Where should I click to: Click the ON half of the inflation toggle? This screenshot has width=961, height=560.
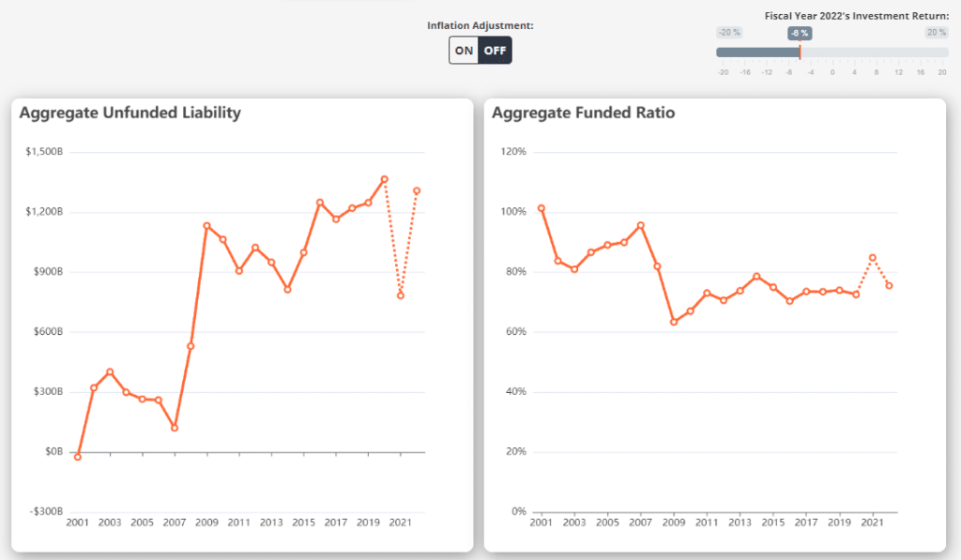coord(464,50)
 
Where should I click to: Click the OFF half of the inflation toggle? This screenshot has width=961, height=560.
coord(495,50)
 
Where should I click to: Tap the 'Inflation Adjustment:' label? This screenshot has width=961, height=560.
coord(480,25)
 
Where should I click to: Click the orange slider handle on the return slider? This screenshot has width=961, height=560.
coord(800,53)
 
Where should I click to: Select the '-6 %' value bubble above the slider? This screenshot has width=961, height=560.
coord(800,33)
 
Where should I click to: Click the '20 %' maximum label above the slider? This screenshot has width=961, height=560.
coord(936,33)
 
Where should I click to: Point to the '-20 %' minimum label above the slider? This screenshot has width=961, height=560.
coord(729,33)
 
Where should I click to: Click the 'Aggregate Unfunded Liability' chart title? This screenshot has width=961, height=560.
coord(130,113)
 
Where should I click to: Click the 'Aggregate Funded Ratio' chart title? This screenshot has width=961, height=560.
coord(583,113)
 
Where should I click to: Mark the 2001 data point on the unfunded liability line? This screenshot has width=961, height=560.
coord(78,457)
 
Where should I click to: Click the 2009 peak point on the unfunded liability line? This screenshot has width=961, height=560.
coord(206,225)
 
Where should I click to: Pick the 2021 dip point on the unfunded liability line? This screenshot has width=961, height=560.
coord(401,295)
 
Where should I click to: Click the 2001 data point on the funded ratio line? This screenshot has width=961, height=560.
coord(542,208)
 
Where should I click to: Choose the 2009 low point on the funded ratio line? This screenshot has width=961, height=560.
coord(673,322)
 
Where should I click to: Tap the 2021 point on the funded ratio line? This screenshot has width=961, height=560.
coord(873,257)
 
